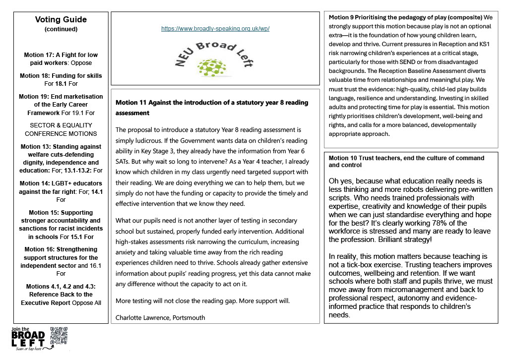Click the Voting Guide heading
61,20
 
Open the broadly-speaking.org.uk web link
215,29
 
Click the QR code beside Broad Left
59,336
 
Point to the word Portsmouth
188,317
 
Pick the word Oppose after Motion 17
80,63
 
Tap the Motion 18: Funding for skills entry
61,76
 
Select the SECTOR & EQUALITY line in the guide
61,125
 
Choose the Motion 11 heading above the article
211,107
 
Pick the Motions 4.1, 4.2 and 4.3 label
61,286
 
